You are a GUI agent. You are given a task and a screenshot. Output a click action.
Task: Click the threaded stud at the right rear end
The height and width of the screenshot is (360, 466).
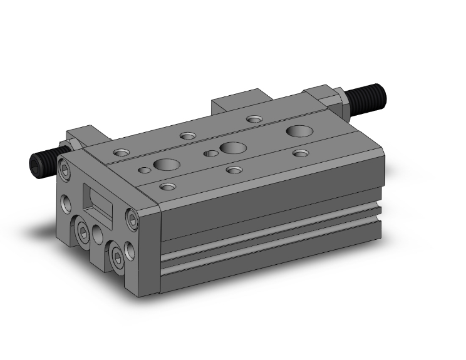[x=373, y=96]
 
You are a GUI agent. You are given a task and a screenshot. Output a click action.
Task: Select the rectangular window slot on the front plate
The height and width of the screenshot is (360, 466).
[x=98, y=202]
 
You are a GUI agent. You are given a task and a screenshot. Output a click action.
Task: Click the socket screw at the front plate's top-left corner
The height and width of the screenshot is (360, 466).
[x=67, y=170]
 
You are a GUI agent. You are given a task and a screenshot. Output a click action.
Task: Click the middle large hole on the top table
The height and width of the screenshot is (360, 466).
[x=233, y=148]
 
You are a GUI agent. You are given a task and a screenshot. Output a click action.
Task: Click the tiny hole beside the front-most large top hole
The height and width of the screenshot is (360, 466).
[x=145, y=170]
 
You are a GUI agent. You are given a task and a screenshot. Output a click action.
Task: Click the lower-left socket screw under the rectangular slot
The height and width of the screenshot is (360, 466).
[x=83, y=233]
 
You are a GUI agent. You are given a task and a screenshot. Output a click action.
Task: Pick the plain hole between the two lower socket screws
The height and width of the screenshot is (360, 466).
[x=98, y=234]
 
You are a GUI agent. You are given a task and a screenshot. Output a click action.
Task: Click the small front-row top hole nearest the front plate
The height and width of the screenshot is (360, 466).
[x=167, y=186]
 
